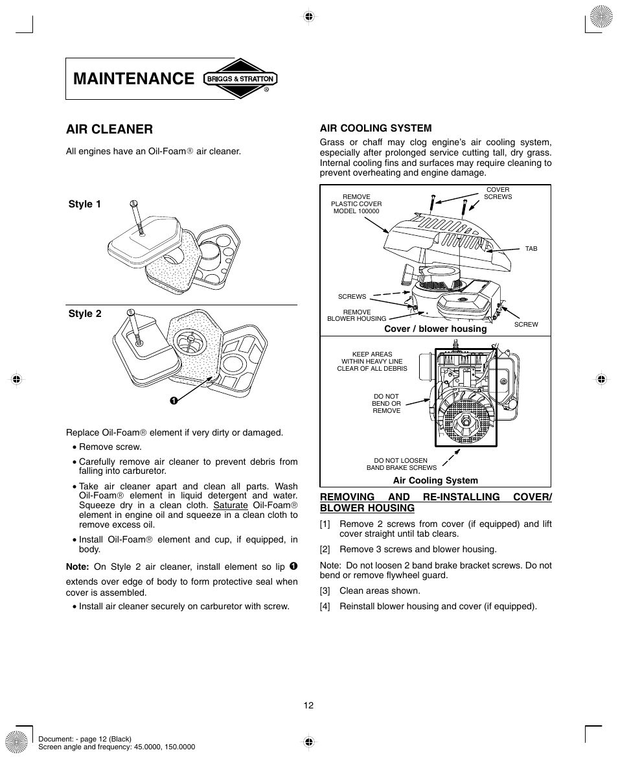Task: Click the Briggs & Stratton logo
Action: tap(240, 79)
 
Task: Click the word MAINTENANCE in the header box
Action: tap(134, 79)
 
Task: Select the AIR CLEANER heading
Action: tap(109, 129)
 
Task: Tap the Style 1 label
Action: tap(85, 204)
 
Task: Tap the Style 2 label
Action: tap(85, 314)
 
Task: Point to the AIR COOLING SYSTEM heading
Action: tap(376, 128)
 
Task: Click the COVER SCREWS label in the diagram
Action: tap(498, 193)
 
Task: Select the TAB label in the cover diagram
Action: tap(531, 249)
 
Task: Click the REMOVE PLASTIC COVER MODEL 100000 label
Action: tap(356, 204)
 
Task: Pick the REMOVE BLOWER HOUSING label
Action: tap(356, 315)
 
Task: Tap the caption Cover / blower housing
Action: tap(435, 329)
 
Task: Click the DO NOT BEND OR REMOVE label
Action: tap(386, 403)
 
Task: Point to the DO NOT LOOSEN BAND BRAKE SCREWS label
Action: tap(402, 464)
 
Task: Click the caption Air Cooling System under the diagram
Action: tap(435, 480)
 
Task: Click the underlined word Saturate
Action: tap(231, 505)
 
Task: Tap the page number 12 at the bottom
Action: tap(308, 705)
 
